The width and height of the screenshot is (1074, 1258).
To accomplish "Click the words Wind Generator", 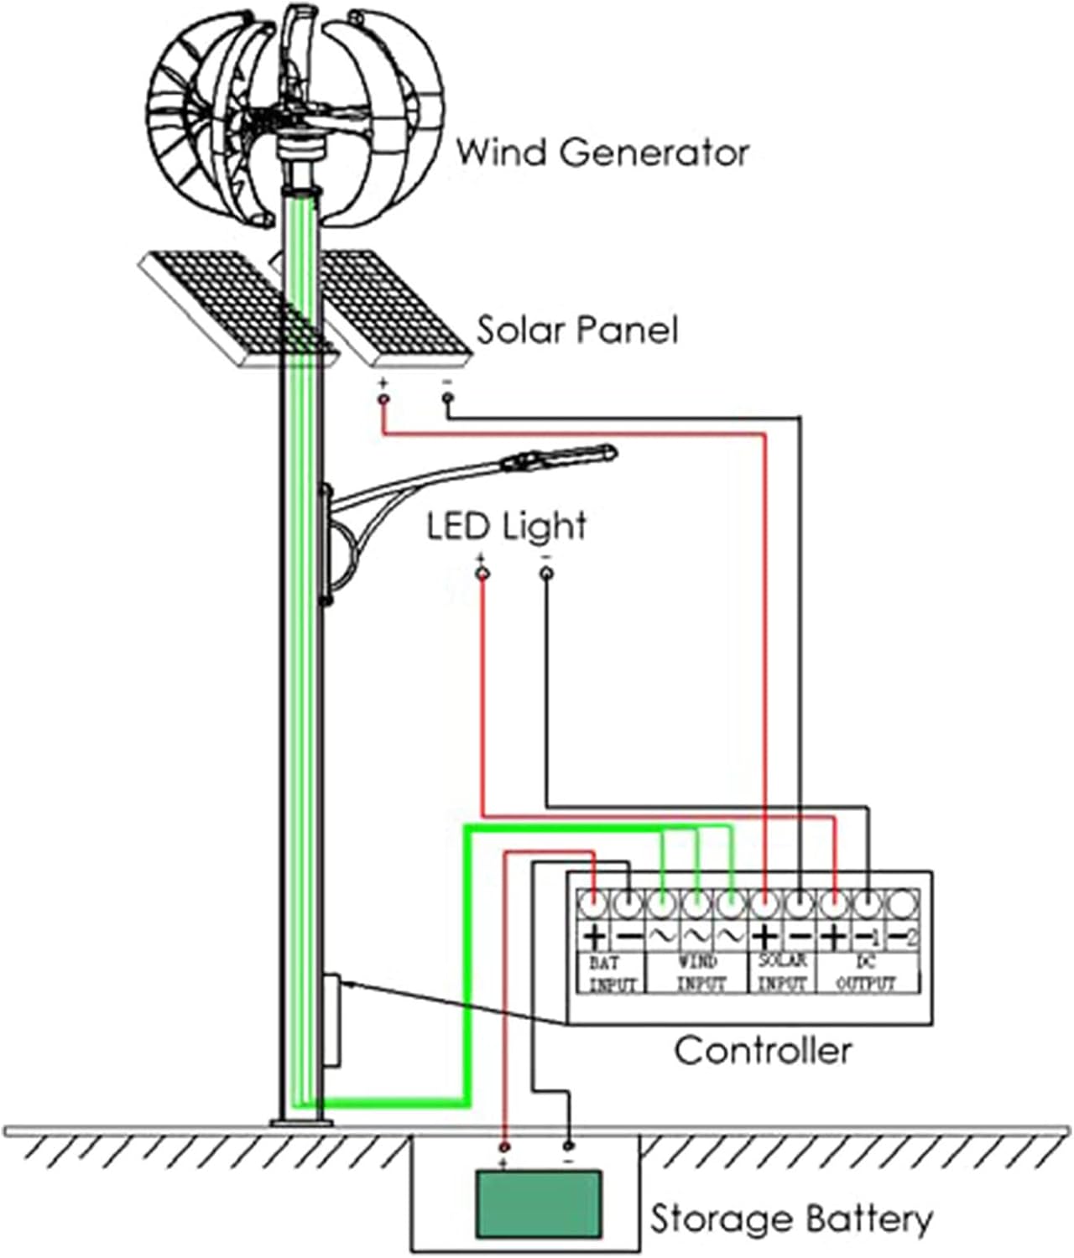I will [x=602, y=153].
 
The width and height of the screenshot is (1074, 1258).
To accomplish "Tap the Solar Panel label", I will [x=576, y=330].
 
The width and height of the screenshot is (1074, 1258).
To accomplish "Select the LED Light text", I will [x=506, y=527].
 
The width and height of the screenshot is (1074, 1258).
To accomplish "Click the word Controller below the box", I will [x=763, y=1050].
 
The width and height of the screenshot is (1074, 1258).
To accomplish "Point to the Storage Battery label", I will [x=791, y=1218].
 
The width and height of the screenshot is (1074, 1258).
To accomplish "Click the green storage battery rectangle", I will [x=540, y=1204].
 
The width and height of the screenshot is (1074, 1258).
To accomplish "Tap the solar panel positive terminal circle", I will [x=383, y=399].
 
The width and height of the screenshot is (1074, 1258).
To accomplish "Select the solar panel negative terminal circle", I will [x=447, y=399].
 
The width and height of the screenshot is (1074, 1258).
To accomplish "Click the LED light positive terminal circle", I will [x=482, y=574].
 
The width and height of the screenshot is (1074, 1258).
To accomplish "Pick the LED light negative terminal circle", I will [x=546, y=574].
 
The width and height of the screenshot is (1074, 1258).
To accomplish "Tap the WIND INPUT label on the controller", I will [x=698, y=973].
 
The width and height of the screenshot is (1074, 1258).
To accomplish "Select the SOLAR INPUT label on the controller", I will [x=781, y=973].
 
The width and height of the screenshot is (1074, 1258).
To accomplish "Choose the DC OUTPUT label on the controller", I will [x=866, y=973].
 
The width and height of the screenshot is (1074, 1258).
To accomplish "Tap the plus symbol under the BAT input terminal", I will [x=593, y=935].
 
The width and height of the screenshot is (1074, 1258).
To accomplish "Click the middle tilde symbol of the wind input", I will [x=696, y=935].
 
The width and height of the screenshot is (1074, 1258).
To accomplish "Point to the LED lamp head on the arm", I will [x=558, y=457].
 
